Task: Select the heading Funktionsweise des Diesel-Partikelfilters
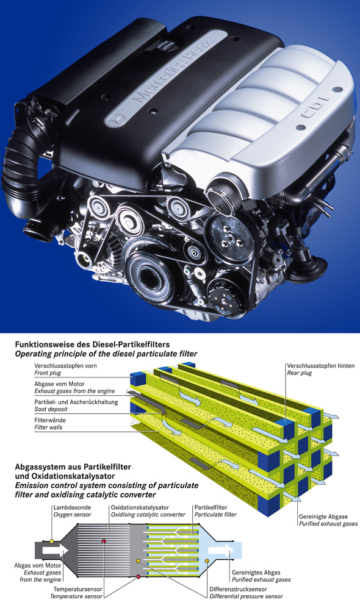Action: click(92, 345)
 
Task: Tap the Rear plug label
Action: click(299, 373)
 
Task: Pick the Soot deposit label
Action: click(51, 409)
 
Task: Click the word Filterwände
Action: click(50, 421)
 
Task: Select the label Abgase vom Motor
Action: click(59, 384)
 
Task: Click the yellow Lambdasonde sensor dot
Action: click(52, 541)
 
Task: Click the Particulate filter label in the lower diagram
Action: click(215, 515)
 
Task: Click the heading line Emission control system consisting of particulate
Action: click(107, 485)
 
